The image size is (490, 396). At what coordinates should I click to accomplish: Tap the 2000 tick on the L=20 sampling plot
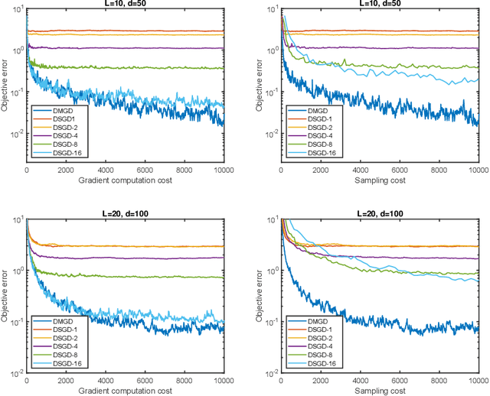tap(321, 381)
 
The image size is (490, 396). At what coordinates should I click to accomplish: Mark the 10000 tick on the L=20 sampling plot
tap(477, 381)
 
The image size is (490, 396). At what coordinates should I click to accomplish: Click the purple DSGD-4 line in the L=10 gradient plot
tap(153, 47)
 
